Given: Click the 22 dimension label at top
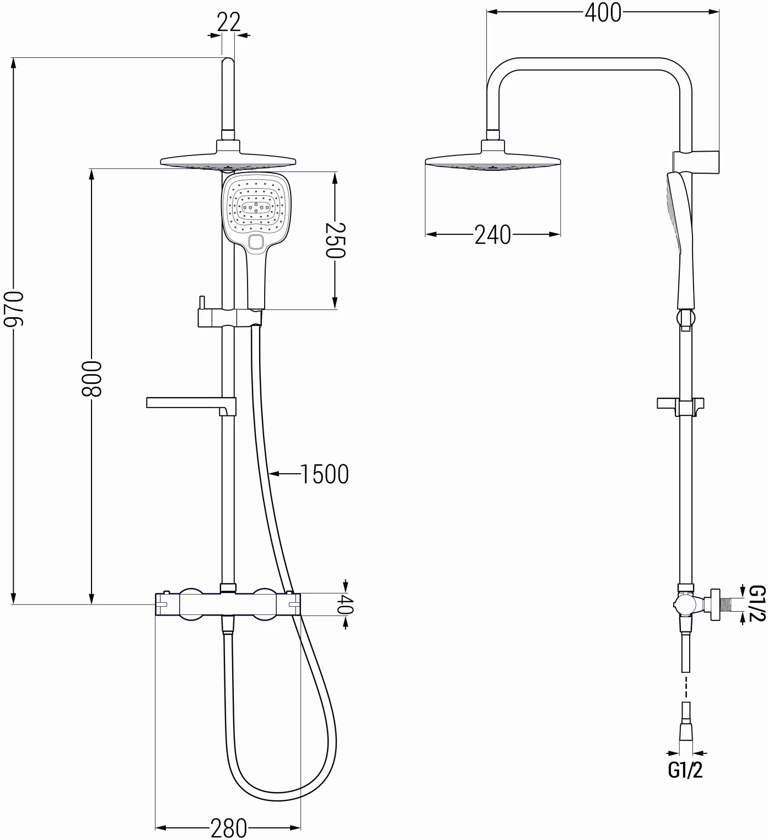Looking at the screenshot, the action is pyautogui.click(x=229, y=23).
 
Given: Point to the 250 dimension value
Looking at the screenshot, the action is pyautogui.click(x=335, y=240).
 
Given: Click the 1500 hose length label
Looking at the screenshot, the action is pyautogui.click(x=324, y=474).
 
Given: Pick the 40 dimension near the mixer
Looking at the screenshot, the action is pyautogui.click(x=345, y=604).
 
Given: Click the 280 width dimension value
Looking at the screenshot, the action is pyautogui.click(x=228, y=828).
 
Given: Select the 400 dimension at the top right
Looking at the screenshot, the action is pyautogui.click(x=603, y=13).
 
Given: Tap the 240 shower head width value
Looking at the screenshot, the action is pyautogui.click(x=493, y=235).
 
